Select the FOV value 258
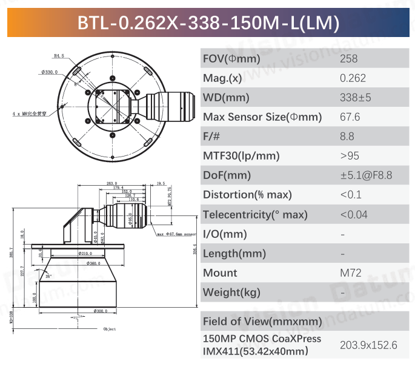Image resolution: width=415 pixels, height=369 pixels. click(x=349, y=59)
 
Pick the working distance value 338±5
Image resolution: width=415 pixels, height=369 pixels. click(x=356, y=98)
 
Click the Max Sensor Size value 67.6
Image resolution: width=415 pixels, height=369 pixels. click(x=350, y=117)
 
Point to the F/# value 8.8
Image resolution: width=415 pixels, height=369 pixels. click(x=347, y=137)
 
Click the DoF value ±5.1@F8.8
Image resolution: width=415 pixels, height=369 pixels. click(x=366, y=175)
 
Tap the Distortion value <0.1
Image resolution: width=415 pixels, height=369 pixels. click(x=351, y=195)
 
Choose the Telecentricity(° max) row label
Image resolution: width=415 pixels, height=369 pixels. click(x=255, y=214)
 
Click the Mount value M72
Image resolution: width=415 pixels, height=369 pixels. click(x=350, y=273)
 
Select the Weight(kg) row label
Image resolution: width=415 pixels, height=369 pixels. click(x=231, y=292)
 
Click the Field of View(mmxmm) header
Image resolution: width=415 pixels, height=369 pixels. click(x=262, y=321)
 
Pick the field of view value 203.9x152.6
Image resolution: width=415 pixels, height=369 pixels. click(x=368, y=345)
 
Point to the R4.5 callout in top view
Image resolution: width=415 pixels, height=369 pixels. click(x=59, y=56)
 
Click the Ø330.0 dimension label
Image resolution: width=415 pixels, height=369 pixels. click(x=50, y=72)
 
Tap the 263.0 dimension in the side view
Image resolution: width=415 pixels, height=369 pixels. click(x=111, y=183)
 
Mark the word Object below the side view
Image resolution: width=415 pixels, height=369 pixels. click(x=109, y=329)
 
